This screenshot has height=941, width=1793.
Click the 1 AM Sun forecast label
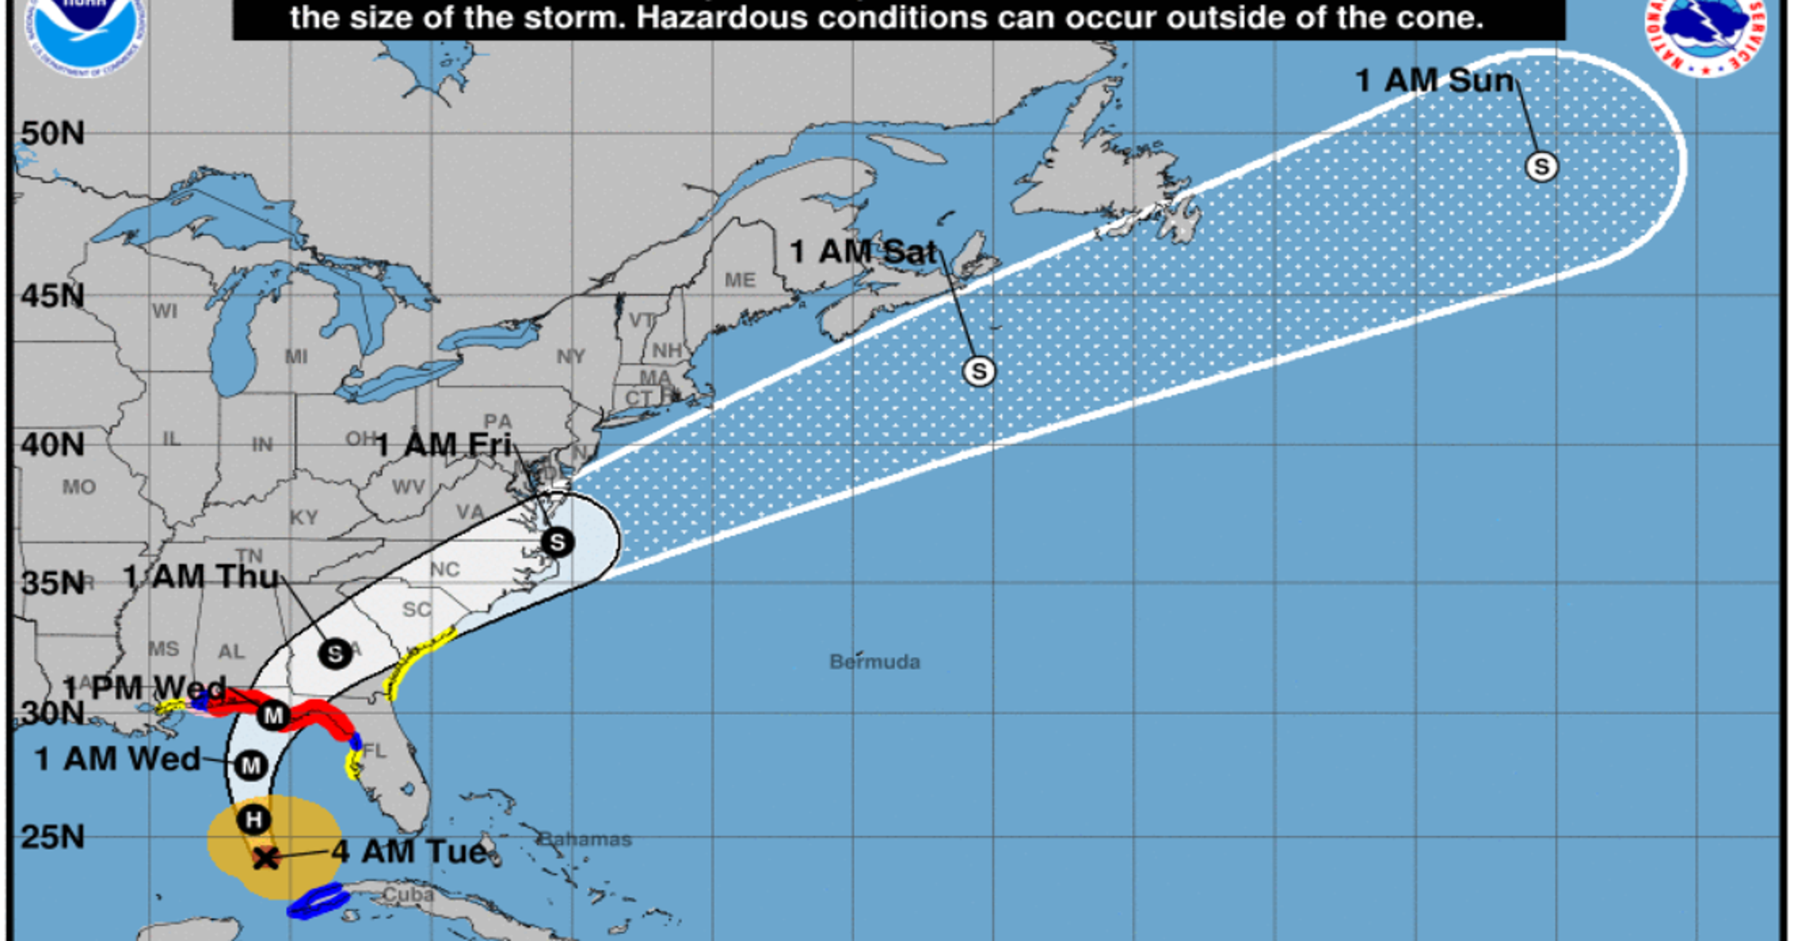[x=1434, y=81]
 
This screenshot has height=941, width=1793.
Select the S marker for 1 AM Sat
[x=979, y=372]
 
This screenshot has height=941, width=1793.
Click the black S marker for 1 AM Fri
[x=558, y=542]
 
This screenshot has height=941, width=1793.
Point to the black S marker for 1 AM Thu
[x=335, y=654]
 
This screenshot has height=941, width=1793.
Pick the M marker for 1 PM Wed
[x=273, y=715]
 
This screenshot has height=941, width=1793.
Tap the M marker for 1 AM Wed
[x=250, y=766]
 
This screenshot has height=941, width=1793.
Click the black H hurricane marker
[x=253, y=819]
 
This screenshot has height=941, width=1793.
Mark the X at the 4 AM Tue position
[x=265, y=858]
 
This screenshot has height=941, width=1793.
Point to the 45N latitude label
[x=52, y=296]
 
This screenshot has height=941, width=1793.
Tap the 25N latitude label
[x=52, y=837]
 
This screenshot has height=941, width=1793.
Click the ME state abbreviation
[x=739, y=280]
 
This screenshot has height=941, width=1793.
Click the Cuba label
[x=408, y=895]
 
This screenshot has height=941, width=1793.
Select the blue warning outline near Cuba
[x=319, y=901]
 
